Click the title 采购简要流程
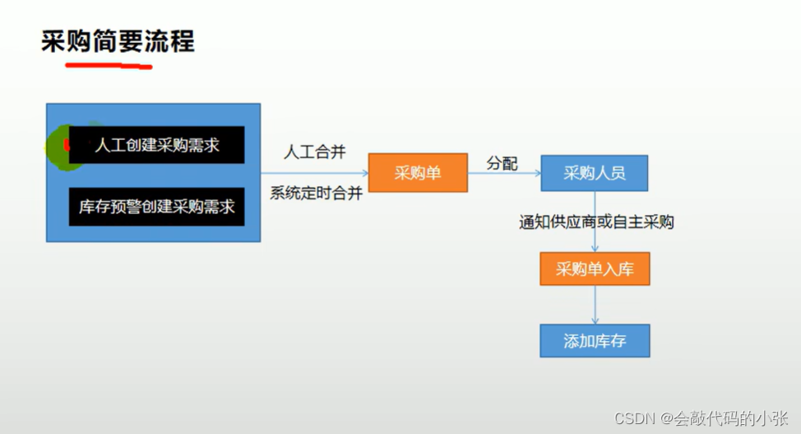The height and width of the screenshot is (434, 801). pos(118,40)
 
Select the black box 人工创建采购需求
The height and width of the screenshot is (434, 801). pos(156,145)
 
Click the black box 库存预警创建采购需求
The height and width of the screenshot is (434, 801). pos(156,206)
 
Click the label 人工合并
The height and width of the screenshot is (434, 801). pos(315,152)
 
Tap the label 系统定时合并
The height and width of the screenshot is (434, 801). pos(315,194)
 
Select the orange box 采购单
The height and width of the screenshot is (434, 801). pos(417,173)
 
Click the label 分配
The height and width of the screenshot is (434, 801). pos(502,163)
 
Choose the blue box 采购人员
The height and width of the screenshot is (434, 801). pos(594,173)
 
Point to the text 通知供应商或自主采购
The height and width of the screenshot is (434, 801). pos(596,222)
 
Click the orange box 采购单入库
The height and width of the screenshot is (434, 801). pos(594,268)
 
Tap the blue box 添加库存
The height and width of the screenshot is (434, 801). pos(594,340)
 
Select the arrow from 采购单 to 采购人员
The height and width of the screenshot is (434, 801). pos(503,174)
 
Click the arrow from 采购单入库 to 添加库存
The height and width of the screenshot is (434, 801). pos(594,304)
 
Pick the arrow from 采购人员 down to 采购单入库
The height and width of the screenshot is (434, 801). pos(594,238)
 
